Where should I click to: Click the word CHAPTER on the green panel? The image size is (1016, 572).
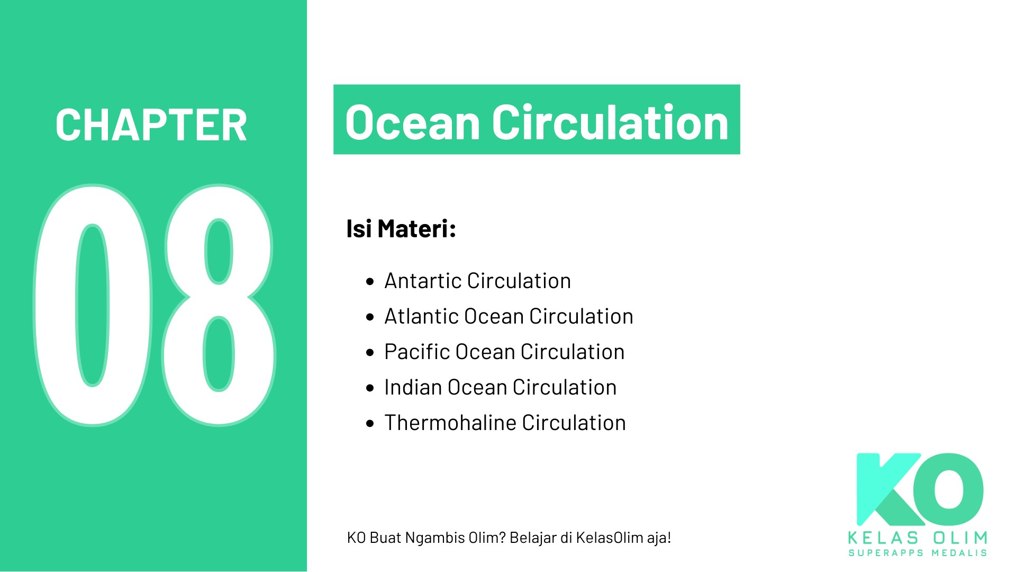151,125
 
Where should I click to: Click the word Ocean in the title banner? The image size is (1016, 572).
412,123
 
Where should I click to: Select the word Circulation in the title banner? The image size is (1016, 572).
611,122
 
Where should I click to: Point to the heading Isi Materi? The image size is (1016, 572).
401,229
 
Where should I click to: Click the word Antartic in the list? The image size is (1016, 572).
423,281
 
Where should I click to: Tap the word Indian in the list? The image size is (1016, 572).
413,387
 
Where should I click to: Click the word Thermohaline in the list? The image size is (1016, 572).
450,423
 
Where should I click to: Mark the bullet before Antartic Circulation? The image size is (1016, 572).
370,281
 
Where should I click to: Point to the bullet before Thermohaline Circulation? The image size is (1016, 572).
370,423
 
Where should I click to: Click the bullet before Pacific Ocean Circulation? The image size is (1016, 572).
370,352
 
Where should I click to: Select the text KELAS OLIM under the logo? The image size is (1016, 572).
918,538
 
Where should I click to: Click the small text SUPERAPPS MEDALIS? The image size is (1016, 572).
918,553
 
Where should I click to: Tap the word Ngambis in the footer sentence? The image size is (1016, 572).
436,539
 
